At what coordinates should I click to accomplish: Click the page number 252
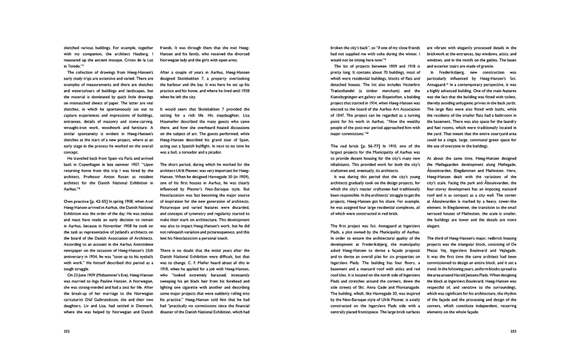65,332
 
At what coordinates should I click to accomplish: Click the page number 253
512,332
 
